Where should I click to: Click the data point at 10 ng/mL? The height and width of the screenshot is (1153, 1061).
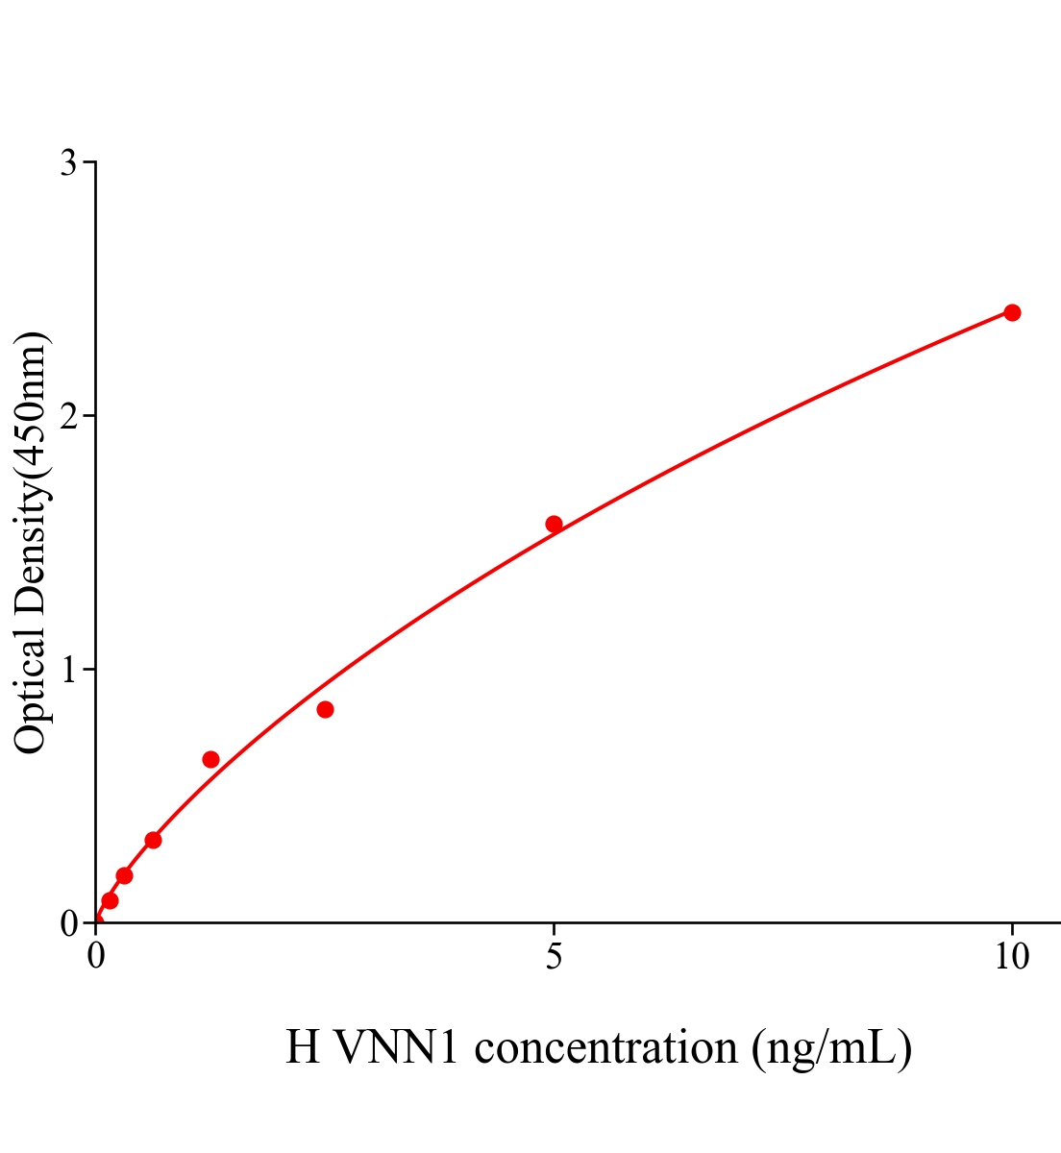coord(1011,312)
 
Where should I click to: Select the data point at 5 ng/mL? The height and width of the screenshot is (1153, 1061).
coord(554,524)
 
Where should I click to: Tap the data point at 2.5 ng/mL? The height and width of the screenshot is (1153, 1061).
coord(325,709)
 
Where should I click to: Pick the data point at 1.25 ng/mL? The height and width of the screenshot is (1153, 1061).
coord(210,759)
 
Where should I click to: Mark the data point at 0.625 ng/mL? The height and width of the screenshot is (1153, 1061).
coord(153,840)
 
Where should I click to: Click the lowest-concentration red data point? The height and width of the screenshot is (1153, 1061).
coord(110,900)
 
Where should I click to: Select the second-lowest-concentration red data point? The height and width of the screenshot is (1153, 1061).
coord(124,875)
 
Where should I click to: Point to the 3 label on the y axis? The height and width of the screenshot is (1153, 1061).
coord(68,163)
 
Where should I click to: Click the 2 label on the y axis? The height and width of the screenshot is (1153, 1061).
coord(68,416)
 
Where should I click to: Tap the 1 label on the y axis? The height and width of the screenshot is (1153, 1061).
coord(68,670)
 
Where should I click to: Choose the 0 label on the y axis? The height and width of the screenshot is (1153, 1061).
coord(68,923)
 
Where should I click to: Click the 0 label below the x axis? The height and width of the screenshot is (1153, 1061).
coord(96,957)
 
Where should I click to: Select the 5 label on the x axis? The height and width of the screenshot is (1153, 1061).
coord(554,957)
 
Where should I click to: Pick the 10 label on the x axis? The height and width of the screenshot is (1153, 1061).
coord(1011,957)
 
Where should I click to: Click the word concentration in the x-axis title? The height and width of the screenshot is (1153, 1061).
coord(605,1047)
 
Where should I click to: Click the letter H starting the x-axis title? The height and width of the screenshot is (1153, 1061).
coord(303,1047)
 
